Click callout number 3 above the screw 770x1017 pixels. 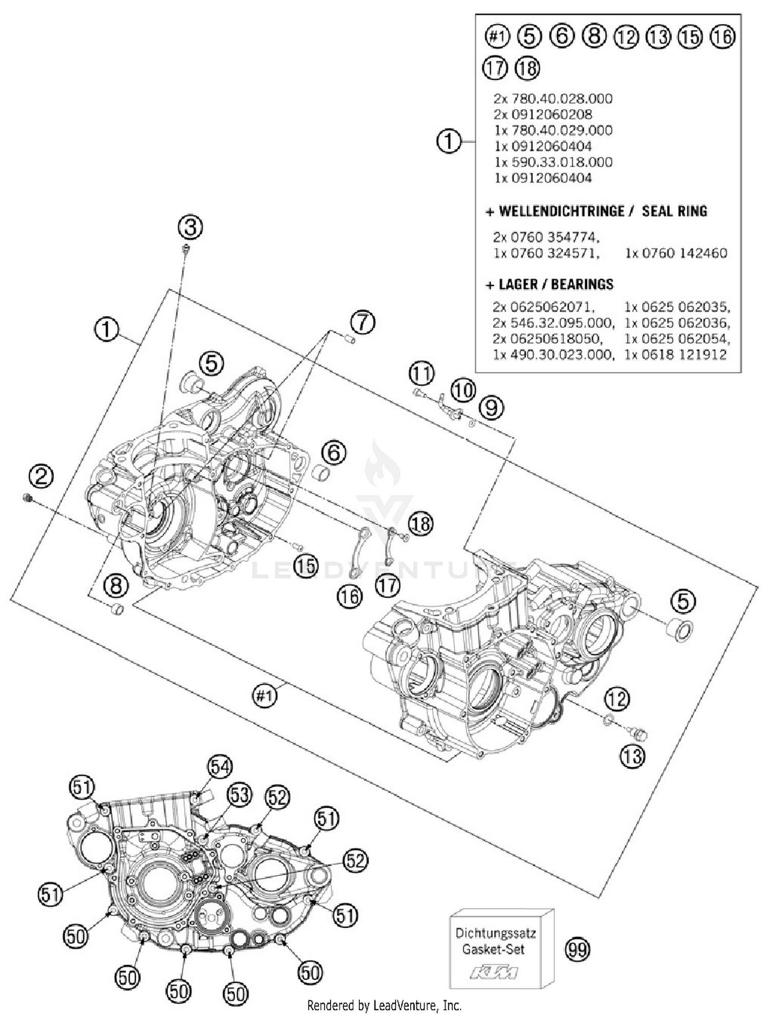click(x=190, y=227)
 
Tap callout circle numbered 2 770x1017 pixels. click(x=41, y=476)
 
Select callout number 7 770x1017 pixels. click(x=363, y=323)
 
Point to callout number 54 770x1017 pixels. click(x=220, y=767)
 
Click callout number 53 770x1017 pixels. click(x=240, y=794)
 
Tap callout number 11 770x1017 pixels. click(x=421, y=373)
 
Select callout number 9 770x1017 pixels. click(x=491, y=408)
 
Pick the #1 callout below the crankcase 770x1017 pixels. click(x=265, y=696)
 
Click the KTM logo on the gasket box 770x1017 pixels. click(x=494, y=972)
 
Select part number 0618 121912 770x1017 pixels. click(x=675, y=354)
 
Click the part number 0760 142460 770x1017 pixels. click(x=676, y=253)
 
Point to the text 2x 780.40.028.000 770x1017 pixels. click(x=553, y=98)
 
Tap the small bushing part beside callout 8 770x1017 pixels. click(x=118, y=610)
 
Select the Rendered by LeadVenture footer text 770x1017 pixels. click(x=384, y=1005)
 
